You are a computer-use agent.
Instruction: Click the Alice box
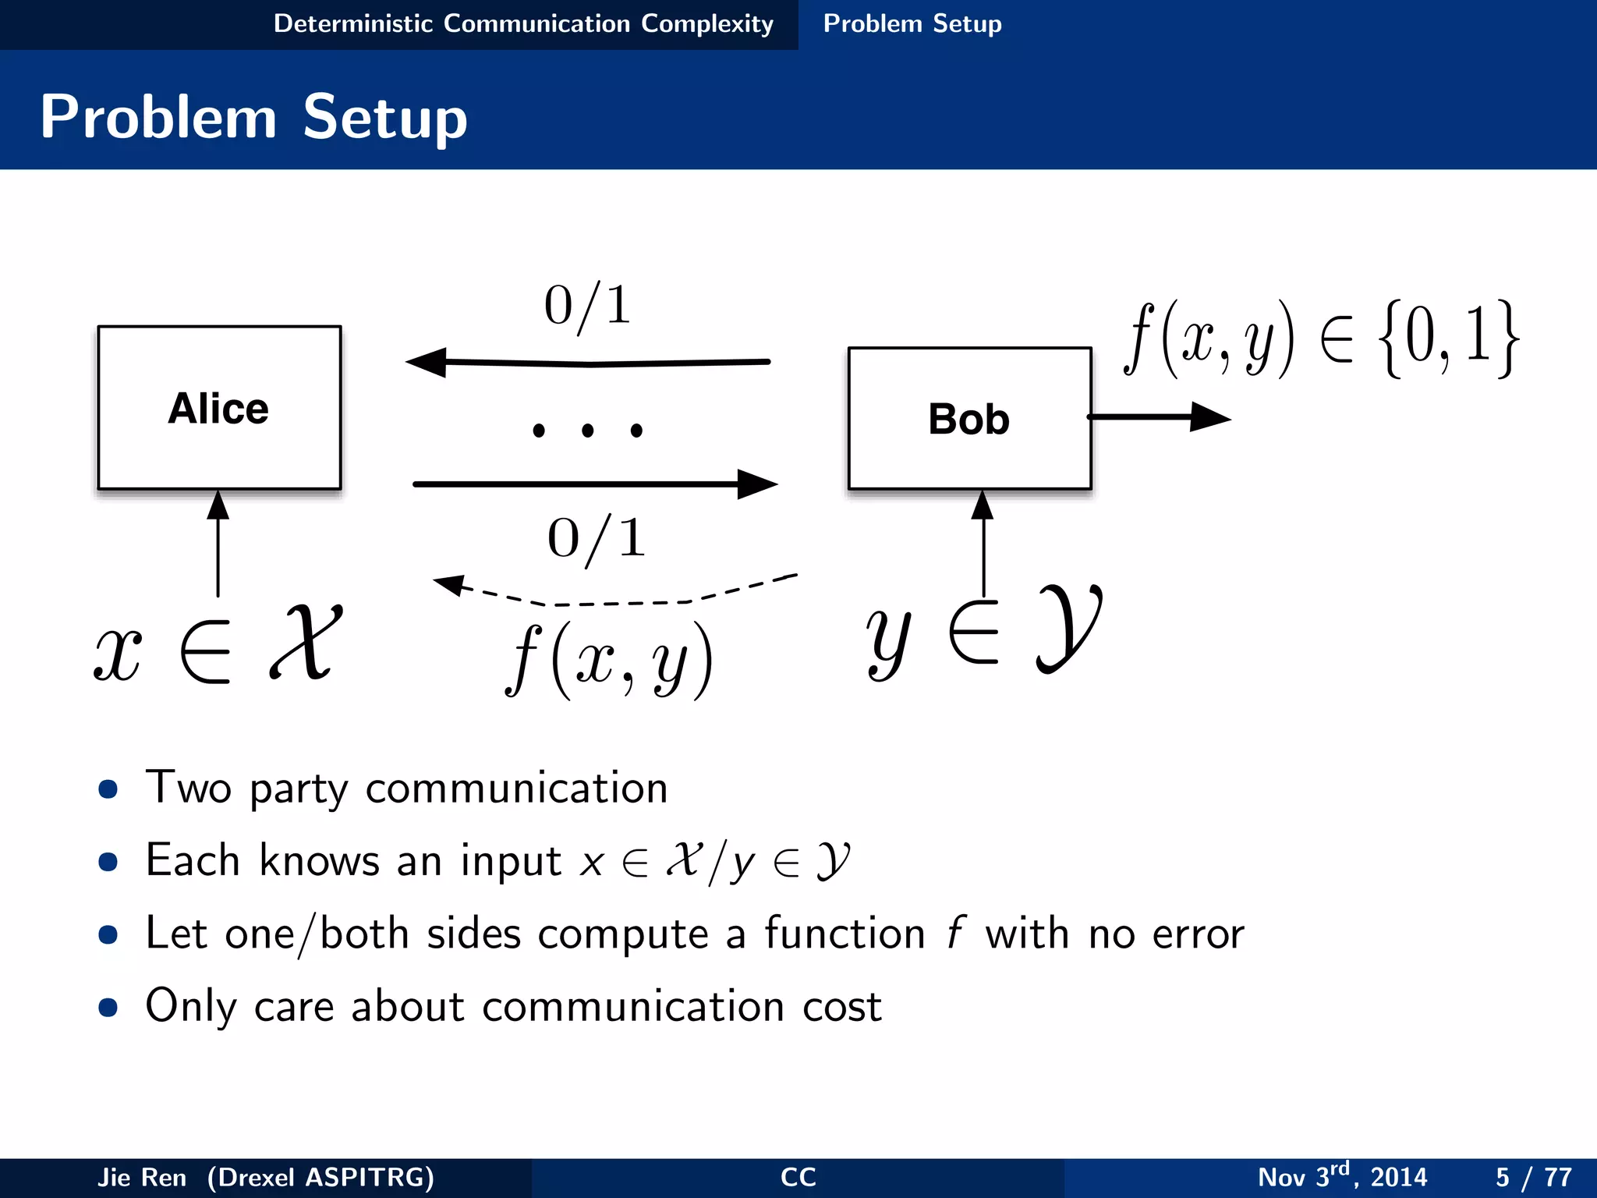219,408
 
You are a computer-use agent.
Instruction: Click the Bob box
969,419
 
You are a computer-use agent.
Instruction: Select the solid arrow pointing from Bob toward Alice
589,363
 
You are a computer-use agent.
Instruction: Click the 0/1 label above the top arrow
587,306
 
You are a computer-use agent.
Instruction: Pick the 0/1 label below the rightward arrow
597,539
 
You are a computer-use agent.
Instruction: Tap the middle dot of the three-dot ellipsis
588,430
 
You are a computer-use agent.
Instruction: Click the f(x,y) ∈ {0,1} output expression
1321,340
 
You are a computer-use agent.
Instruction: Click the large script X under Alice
306,643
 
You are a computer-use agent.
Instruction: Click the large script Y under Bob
1068,628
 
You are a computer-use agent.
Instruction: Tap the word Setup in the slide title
385,117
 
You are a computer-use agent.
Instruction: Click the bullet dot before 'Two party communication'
108,789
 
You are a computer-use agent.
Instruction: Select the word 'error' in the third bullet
1198,934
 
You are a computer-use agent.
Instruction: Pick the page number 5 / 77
1533,1177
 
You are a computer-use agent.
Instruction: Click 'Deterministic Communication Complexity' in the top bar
523,24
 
